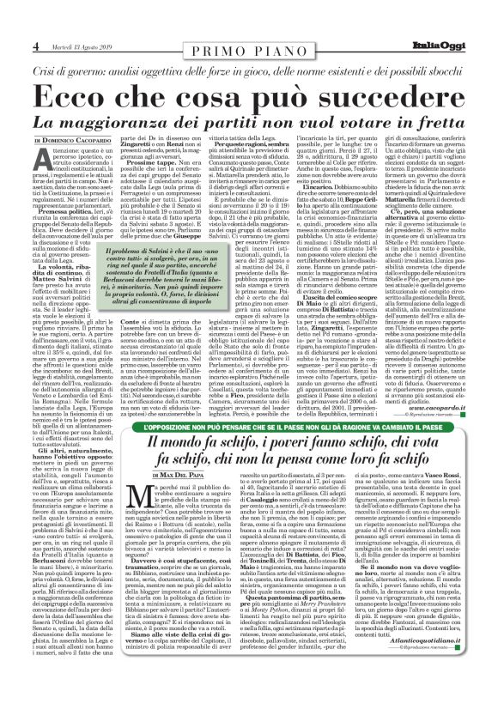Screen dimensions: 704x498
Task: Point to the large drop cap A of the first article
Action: tap(45, 157)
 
